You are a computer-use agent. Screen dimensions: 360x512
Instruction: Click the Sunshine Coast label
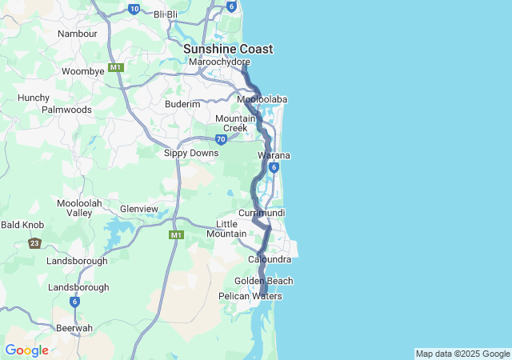(228, 49)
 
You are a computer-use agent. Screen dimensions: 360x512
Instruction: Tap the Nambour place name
(78, 34)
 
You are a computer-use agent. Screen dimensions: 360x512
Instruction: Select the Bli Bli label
(165, 14)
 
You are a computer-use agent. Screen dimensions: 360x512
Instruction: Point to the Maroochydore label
(219, 62)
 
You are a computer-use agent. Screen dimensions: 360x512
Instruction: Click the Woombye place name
(83, 71)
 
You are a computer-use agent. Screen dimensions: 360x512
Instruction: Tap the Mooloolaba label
(262, 99)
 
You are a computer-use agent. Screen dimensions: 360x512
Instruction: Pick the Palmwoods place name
(66, 109)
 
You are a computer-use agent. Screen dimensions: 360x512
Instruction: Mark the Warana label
(274, 155)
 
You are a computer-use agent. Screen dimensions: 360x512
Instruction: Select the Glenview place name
(138, 209)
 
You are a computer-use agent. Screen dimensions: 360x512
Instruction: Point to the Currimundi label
(262, 213)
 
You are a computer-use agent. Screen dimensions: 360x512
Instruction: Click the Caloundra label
(270, 260)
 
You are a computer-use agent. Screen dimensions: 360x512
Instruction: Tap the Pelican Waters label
(250, 296)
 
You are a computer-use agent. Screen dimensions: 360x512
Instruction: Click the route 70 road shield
(221, 138)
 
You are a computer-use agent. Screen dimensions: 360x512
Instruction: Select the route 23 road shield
(34, 243)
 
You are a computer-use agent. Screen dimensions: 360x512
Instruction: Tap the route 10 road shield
(134, 9)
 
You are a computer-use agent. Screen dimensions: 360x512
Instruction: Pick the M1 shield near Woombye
(116, 67)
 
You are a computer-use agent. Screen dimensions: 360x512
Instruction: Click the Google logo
(26, 350)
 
